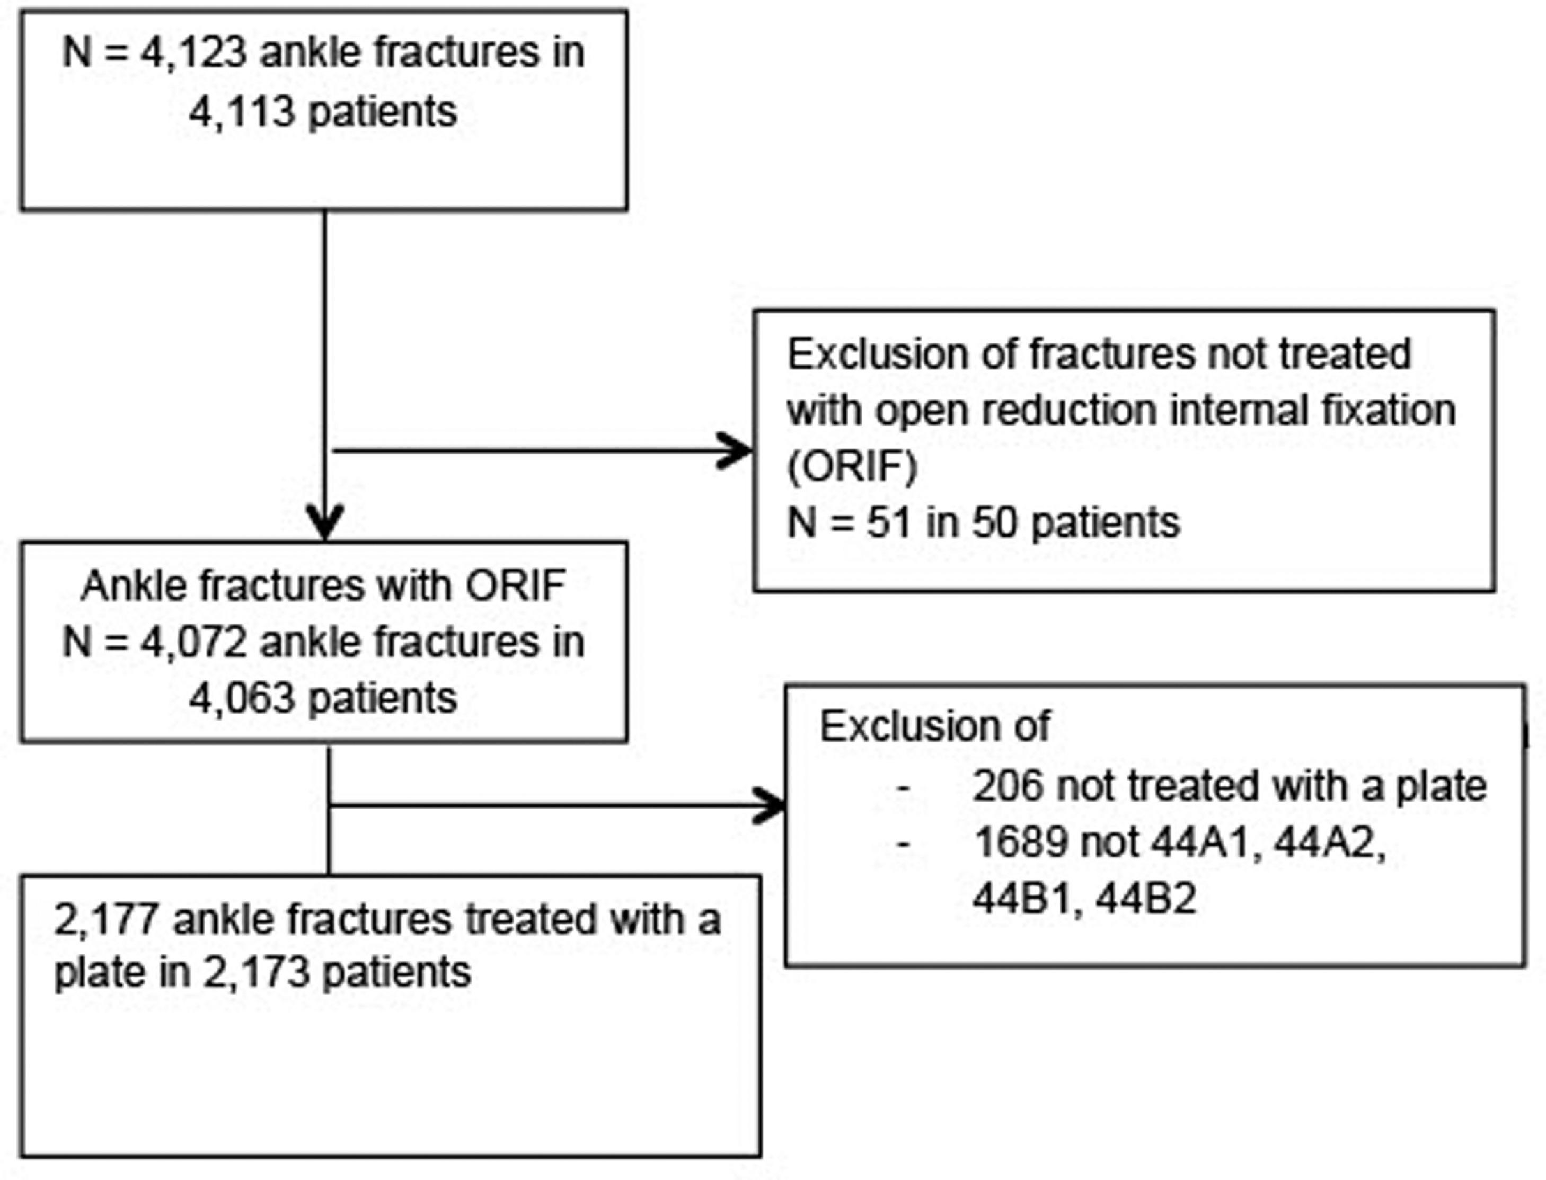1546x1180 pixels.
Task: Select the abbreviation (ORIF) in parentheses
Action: pyautogui.click(x=852, y=468)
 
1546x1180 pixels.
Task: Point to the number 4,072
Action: pyautogui.click(x=193, y=643)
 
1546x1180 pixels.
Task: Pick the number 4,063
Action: pyautogui.click(x=242, y=699)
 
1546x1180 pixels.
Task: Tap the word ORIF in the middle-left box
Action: pyautogui.click(x=516, y=587)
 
